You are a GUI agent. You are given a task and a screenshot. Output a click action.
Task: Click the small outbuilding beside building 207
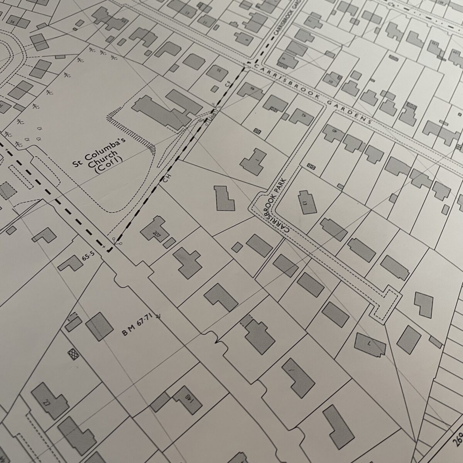point(169,243)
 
